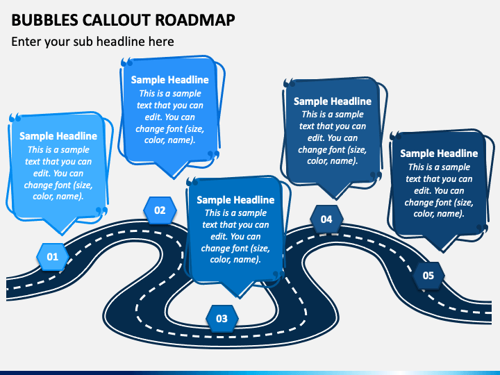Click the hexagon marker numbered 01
pyautogui.click(x=52, y=257)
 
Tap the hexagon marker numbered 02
pyautogui.click(x=160, y=210)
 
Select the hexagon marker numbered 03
pyautogui.click(x=222, y=319)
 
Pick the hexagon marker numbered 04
pyautogui.click(x=326, y=219)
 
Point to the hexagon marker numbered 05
pyautogui.click(x=428, y=276)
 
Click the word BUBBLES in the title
pyautogui.click(x=44, y=20)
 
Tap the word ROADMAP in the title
pyautogui.click(x=195, y=20)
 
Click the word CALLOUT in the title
pyautogui.click(x=117, y=20)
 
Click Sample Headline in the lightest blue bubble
pyautogui.click(x=58, y=136)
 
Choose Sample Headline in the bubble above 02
pyautogui.click(x=170, y=80)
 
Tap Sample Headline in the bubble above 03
pyautogui.click(x=235, y=200)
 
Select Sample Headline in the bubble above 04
pyautogui.click(x=333, y=101)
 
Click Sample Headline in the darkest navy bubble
pyautogui.click(x=439, y=153)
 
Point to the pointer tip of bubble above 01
pyautogui.click(x=62, y=235)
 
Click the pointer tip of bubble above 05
pyautogui.click(x=442, y=252)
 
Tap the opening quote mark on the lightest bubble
pyautogui.click(x=15, y=117)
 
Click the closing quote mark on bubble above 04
pyautogui.click(x=376, y=176)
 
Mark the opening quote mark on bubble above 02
pyautogui.click(x=126, y=62)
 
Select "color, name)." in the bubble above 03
pyautogui.click(x=235, y=260)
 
